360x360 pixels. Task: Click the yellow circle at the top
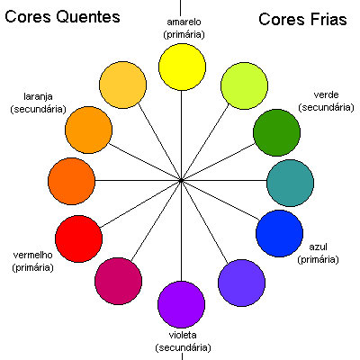(182, 65)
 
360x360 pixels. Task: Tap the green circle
(275, 132)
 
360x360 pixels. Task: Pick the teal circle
(290, 183)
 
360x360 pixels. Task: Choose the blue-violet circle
(241, 283)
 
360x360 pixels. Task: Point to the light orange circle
(89, 129)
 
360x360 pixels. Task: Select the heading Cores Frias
(302, 20)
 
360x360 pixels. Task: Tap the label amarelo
(183, 22)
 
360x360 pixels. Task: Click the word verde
(326, 94)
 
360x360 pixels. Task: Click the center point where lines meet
(182, 181)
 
